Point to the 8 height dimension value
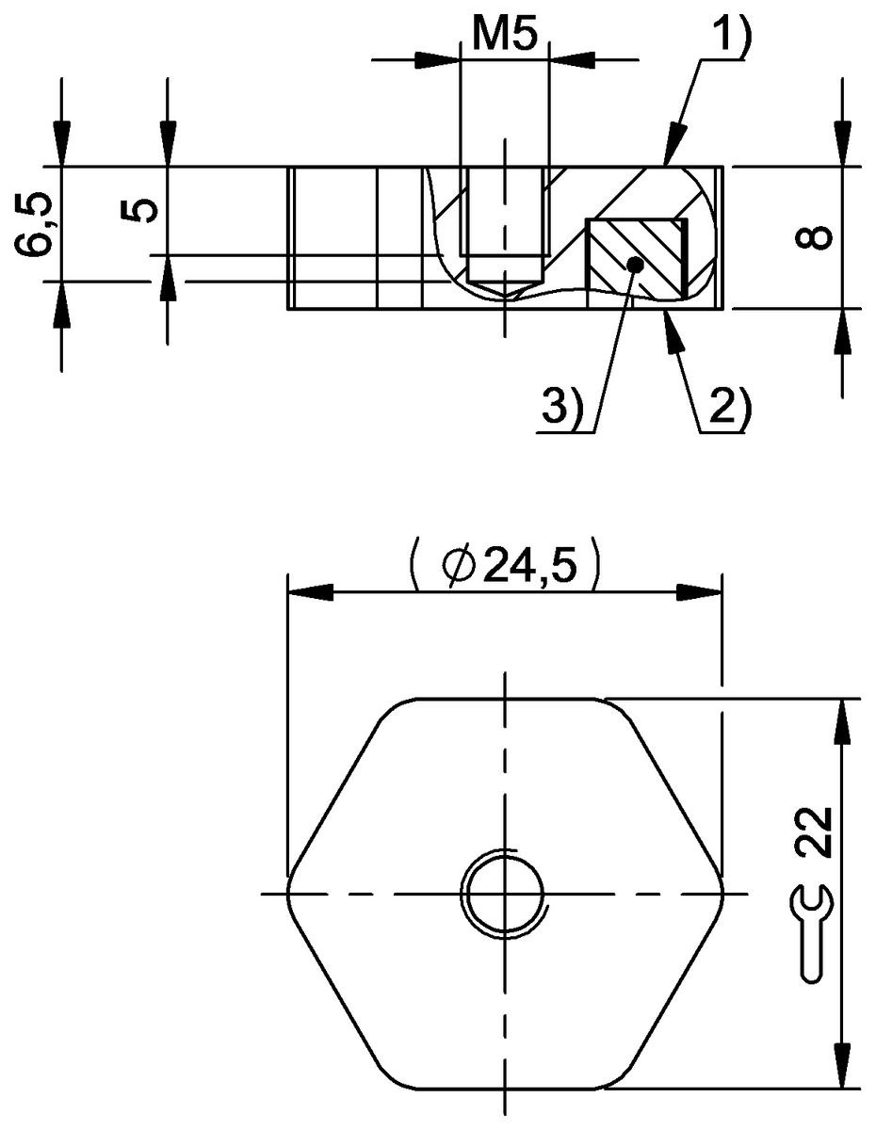[x=819, y=236]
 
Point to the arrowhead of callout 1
[x=671, y=153]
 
